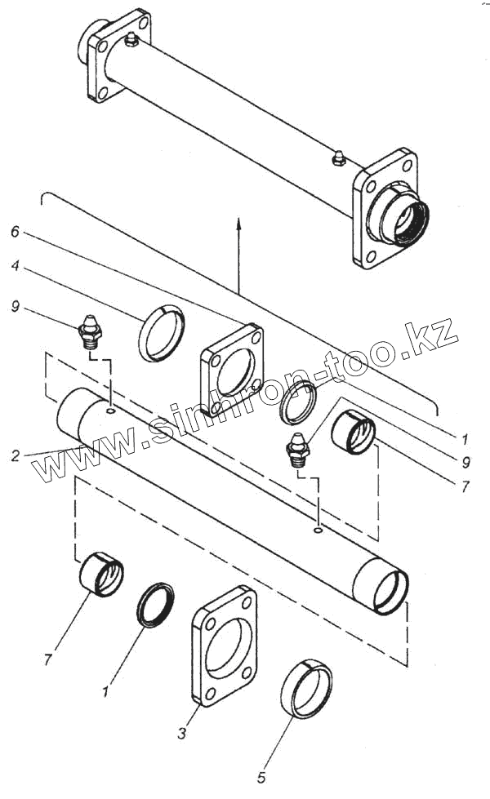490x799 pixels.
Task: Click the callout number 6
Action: (x=15, y=231)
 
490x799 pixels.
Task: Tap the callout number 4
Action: (x=15, y=266)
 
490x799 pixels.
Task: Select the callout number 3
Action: (x=181, y=734)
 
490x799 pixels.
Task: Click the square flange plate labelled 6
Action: (x=233, y=370)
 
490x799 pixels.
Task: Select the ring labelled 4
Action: (x=162, y=332)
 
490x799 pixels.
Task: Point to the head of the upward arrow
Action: (x=238, y=221)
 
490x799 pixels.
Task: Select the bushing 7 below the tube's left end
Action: (x=101, y=575)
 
